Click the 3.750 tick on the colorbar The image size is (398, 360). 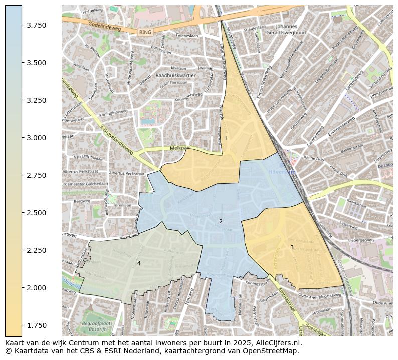37,25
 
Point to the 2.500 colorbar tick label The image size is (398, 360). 37,213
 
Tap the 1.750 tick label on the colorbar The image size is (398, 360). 37,325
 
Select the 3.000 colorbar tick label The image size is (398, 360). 37,138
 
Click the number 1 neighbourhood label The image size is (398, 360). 226,138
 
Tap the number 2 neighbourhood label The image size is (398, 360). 221,221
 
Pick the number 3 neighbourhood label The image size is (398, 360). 292,247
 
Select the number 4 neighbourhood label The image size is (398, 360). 139,263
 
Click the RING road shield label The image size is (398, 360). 145,32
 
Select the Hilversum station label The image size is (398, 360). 282,172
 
